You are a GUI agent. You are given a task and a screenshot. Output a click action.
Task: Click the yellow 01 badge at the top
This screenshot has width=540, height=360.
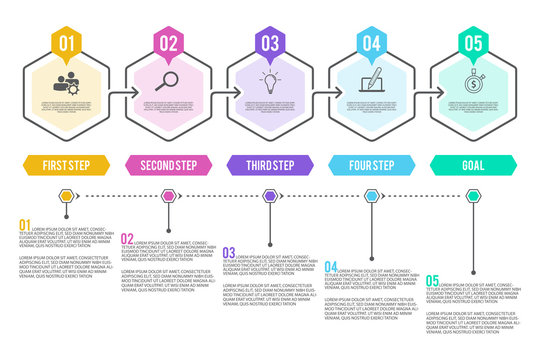pyautogui.click(x=67, y=43)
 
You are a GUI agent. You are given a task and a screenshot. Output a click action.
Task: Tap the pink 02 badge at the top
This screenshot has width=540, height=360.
pyautogui.click(x=169, y=43)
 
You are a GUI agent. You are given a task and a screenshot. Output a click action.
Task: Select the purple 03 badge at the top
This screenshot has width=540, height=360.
pyautogui.click(x=270, y=43)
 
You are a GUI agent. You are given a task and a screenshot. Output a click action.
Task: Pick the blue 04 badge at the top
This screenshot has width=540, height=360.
pyautogui.click(x=372, y=43)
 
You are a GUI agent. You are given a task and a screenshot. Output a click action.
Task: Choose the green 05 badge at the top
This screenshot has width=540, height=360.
pyautogui.click(x=473, y=43)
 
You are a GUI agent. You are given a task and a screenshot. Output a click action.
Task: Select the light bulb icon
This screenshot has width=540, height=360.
pyautogui.click(x=270, y=81)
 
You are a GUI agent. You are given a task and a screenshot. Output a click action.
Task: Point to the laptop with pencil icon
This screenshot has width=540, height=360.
pyautogui.click(x=372, y=81)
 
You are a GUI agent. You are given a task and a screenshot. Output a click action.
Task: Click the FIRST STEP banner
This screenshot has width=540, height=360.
pyautogui.click(x=67, y=165)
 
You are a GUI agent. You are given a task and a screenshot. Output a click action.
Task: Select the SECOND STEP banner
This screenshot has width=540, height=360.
pyautogui.click(x=168, y=165)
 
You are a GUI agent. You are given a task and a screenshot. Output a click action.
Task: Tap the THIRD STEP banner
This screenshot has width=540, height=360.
pyautogui.click(x=270, y=165)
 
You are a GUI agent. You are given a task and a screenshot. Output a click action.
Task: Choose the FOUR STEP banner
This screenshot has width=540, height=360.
pyautogui.click(x=372, y=165)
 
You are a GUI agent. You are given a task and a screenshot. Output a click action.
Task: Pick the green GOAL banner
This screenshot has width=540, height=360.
pyautogui.click(x=473, y=165)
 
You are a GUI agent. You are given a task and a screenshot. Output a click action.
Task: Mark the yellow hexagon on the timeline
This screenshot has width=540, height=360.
pyautogui.click(x=67, y=196)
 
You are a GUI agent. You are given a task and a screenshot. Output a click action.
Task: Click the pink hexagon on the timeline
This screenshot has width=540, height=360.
pyautogui.click(x=168, y=196)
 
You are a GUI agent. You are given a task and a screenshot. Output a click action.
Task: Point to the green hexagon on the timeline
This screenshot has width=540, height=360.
pyautogui.click(x=473, y=196)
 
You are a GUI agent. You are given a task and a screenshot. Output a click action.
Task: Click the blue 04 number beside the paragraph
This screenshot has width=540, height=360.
pyautogui.click(x=331, y=266)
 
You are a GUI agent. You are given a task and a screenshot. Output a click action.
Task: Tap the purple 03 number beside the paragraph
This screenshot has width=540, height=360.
pyautogui.click(x=229, y=253)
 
